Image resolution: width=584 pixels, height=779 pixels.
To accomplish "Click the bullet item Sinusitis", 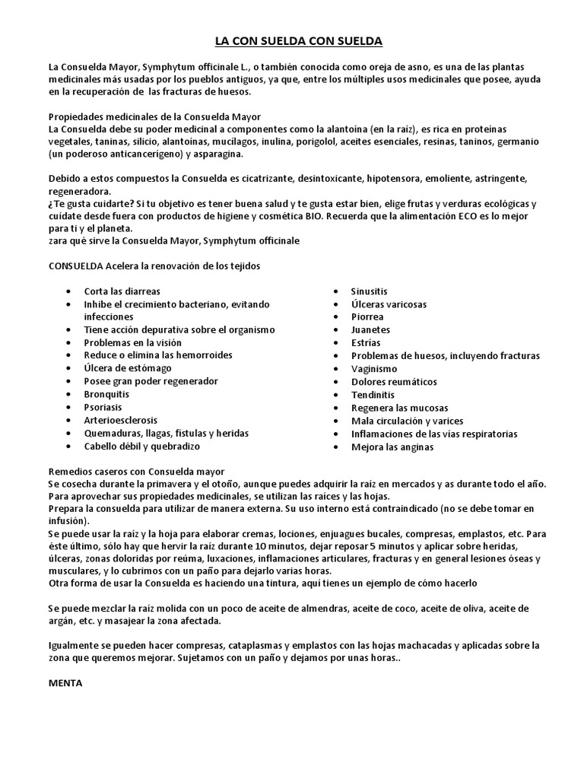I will [369, 291].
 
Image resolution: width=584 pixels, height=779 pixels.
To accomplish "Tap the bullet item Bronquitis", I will [106, 394].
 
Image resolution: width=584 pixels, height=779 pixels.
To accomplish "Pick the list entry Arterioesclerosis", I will [121, 420].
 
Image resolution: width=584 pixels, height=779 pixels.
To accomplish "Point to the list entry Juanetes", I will [370, 330].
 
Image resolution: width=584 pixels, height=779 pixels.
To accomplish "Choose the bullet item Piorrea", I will [367, 317].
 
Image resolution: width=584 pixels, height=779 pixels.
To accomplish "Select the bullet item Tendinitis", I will [373, 395].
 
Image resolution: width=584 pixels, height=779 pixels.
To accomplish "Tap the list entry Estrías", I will [367, 343].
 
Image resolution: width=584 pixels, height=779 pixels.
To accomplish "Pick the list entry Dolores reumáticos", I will [394, 382].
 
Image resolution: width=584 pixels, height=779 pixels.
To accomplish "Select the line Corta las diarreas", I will [122, 291].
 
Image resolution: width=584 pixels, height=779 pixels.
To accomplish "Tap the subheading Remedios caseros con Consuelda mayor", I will [136, 472].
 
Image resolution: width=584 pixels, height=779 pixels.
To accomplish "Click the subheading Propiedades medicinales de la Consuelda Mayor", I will [154, 116].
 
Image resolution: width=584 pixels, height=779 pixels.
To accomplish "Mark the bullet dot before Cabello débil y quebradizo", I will [68, 447].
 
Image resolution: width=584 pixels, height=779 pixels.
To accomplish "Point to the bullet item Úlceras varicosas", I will [389, 304].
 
